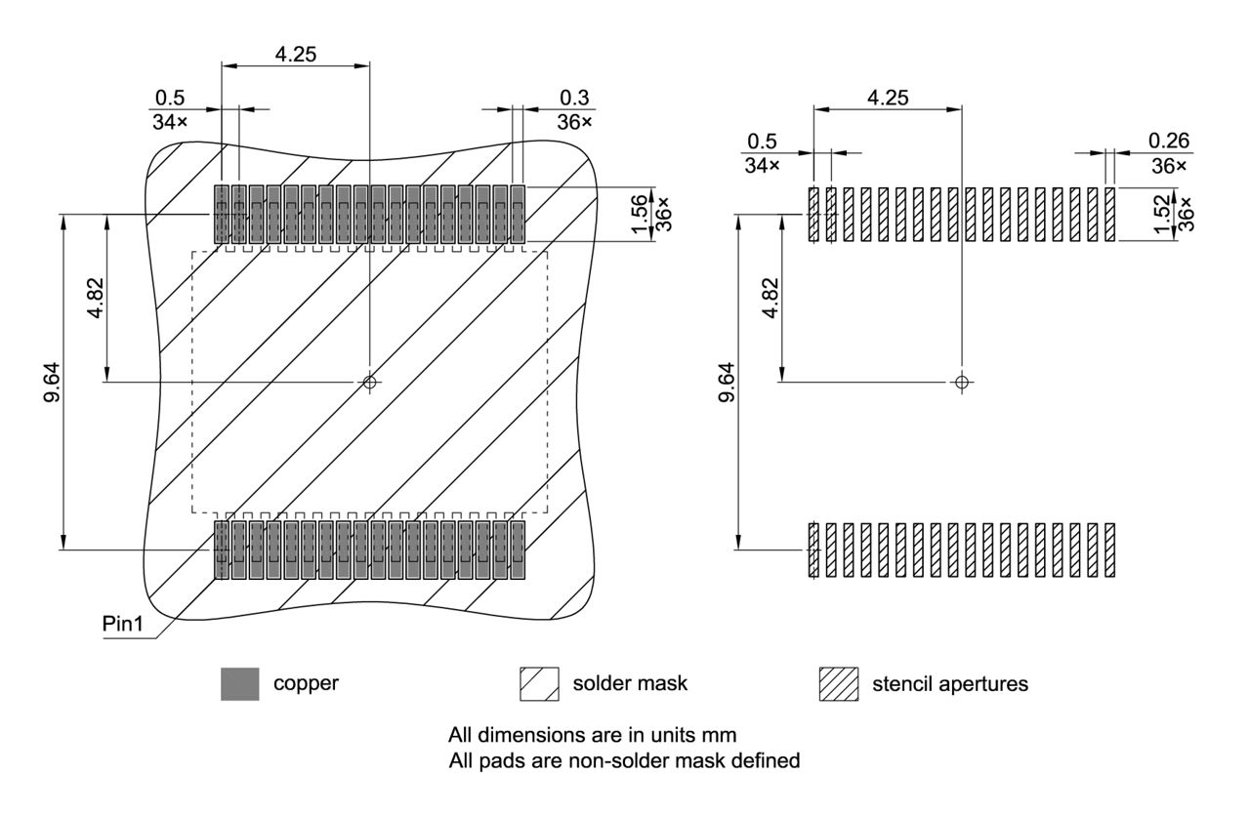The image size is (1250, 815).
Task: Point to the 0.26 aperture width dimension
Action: [x=1168, y=141]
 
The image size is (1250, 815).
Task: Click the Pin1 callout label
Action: [x=125, y=624]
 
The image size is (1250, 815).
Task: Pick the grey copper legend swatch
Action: [x=239, y=684]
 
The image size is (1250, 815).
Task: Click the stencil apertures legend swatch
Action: [x=838, y=684]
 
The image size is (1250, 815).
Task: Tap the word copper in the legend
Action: [x=306, y=683]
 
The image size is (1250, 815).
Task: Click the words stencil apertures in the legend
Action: [x=949, y=684]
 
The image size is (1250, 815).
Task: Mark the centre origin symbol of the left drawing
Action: [x=369, y=382]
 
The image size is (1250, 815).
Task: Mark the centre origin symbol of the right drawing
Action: [x=962, y=382]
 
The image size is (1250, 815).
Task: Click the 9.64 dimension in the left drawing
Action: [x=52, y=381]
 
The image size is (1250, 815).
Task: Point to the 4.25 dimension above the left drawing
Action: [x=295, y=55]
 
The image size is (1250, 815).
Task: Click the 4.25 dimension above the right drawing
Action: [x=888, y=98]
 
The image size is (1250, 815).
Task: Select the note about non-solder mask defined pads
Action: [x=624, y=759]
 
